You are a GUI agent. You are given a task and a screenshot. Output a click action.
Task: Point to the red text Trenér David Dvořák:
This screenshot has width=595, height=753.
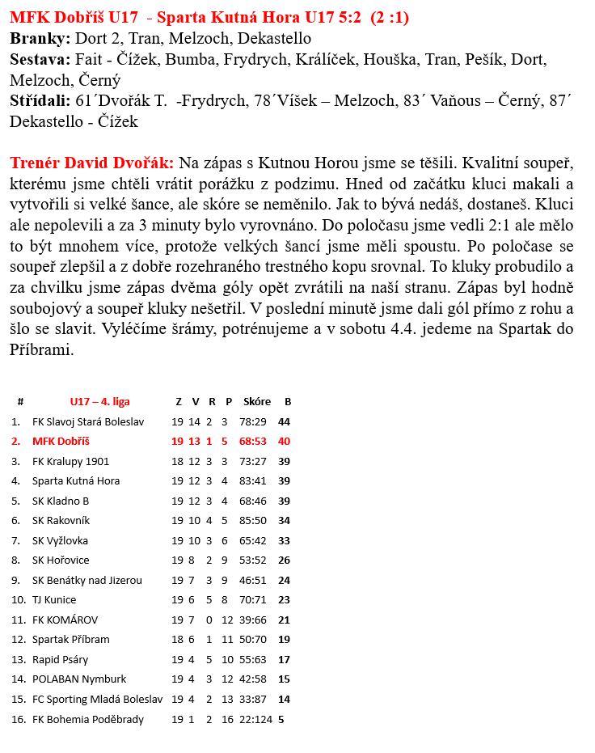92,163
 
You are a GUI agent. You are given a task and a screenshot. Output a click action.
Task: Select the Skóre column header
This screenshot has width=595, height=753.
256,401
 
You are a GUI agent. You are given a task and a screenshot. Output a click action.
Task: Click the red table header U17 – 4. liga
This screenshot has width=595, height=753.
99,401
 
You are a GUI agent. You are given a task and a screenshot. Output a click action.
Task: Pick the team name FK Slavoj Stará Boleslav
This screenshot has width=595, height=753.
87,421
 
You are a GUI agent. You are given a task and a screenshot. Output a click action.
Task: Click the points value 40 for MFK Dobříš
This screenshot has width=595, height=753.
284,442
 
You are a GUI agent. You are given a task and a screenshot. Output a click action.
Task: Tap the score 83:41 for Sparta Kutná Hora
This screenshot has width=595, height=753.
253,481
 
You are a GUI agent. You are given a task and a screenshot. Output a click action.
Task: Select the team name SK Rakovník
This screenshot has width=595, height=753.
61,521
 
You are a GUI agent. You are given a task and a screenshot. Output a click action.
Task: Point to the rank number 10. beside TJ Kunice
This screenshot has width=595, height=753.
18,600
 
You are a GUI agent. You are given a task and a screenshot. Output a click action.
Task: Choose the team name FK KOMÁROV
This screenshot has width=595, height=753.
65,620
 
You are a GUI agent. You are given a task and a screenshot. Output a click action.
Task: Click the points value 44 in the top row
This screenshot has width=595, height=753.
284,421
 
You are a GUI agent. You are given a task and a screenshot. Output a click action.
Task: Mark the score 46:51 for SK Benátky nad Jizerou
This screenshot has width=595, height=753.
253,581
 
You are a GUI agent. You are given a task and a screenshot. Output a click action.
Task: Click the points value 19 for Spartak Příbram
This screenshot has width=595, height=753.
284,640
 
